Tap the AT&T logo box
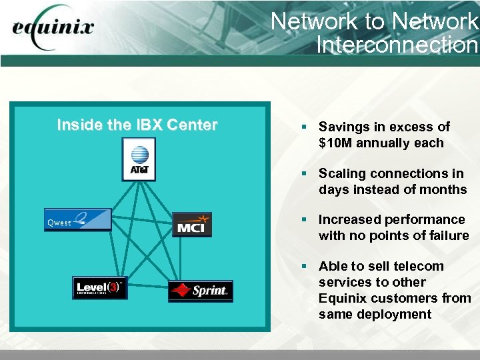point(139,160)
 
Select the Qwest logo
point(78,220)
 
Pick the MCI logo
point(192,225)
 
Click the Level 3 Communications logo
point(100,287)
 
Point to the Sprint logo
point(201,291)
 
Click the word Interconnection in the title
point(397,45)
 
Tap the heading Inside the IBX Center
point(137,125)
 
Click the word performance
point(426,219)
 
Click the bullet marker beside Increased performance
point(303,219)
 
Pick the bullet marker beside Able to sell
point(303,266)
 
